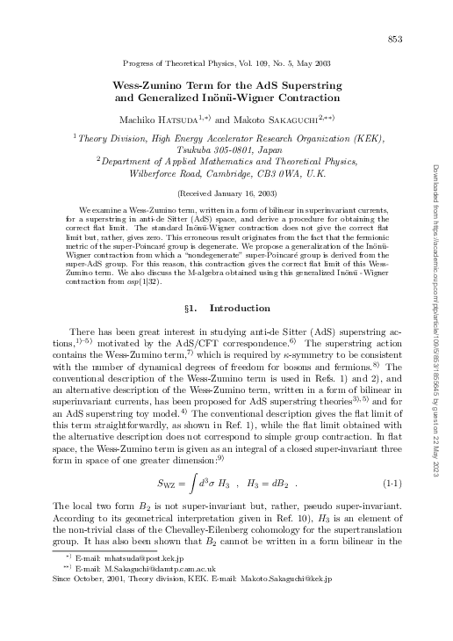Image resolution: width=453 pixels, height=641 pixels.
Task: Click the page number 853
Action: coord(395,40)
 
